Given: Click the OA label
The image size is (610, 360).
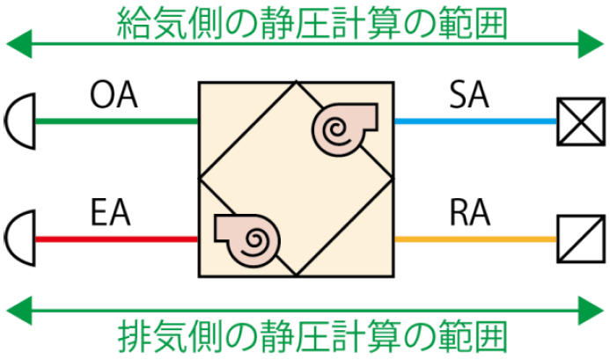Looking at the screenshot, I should click(x=114, y=94).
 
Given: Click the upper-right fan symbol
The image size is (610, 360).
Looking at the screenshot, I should click(x=342, y=126).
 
